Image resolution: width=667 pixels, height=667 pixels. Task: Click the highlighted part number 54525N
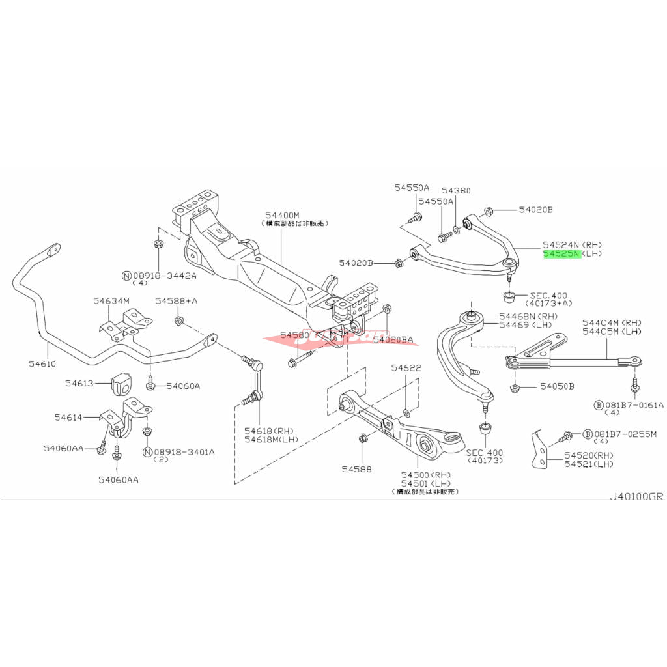click(561, 253)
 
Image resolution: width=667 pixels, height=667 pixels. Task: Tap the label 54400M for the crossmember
click(281, 214)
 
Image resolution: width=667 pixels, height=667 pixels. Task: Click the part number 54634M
click(111, 301)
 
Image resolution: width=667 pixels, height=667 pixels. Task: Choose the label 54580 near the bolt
click(294, 335)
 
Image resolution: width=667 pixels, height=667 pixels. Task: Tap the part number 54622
click(406, 368)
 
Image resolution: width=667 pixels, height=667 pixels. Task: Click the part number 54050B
click(557, 386)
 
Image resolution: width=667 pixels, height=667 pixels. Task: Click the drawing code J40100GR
click(636, 496)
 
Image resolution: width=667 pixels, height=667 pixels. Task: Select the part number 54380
click(456, 191)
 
